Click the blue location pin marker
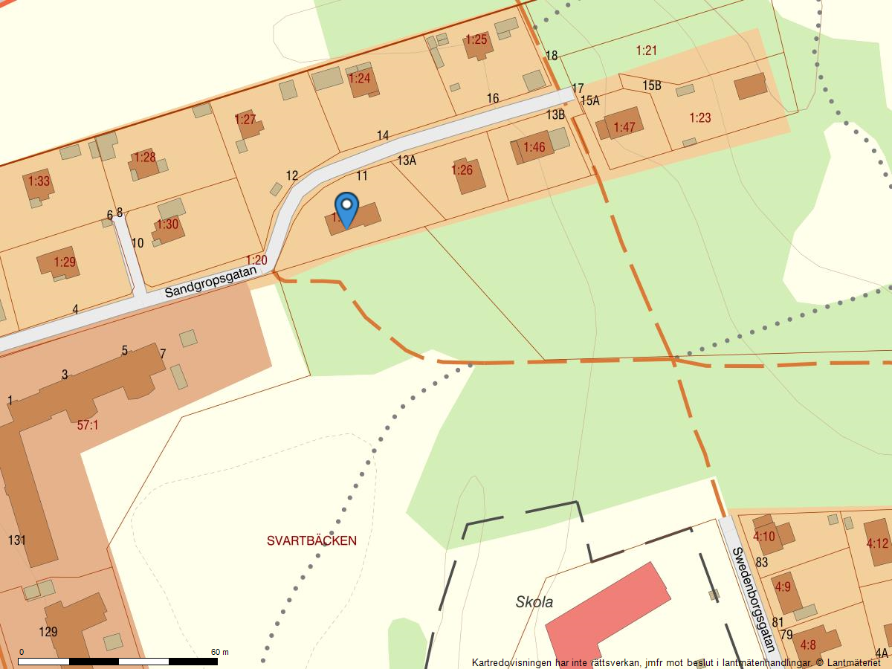tap(346, 208)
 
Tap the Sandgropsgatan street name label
tap(210, 282)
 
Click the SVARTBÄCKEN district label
tap(311, 541)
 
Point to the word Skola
tap(534, 602)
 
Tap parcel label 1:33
tap(39, 181)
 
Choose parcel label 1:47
tap(624, 127)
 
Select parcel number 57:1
tap(88, 425)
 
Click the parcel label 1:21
tap(647, 51)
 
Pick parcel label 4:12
tap(877, 543)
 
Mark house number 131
tap(17, 540)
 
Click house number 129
tap(48, 632)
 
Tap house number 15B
tap(652, 85)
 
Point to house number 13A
tap(406, 160)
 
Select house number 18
tap(552, 56)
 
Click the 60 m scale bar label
tap(219, 652)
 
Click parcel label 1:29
tap(65, 262)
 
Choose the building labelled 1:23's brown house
tap(751, 86)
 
